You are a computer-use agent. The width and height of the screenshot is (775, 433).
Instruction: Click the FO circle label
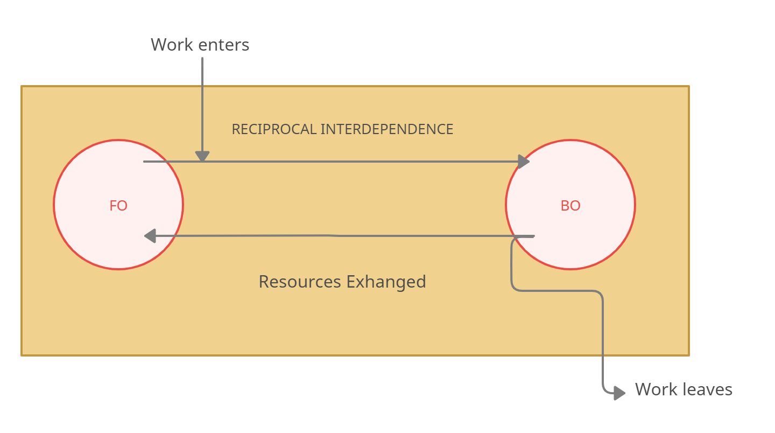118,205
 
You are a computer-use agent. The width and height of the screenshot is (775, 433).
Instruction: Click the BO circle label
570,205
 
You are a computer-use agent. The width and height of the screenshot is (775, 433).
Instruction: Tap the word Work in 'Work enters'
172,44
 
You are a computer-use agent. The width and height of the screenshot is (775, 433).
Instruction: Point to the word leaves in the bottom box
708,389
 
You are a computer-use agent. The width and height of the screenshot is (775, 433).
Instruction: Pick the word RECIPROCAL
273,129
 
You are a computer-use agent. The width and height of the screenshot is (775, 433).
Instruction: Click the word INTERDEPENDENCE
387,129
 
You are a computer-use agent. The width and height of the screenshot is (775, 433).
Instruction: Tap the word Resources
300,282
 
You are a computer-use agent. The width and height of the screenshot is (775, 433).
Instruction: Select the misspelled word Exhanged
386,282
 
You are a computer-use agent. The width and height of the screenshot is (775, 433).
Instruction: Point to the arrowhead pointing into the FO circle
150,236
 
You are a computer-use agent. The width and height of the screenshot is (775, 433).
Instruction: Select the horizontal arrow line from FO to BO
350,161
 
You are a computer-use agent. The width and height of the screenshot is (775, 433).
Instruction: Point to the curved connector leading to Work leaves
602,334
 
